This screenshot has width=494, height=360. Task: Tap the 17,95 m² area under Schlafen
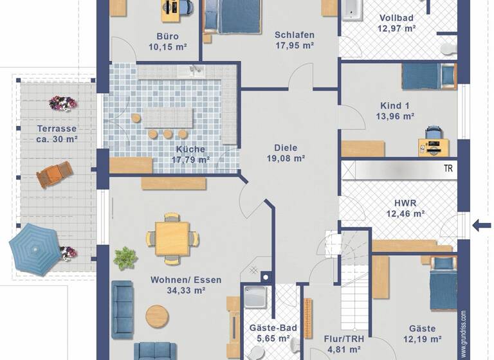click(294, 46)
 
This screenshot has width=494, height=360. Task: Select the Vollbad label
click(397, 18)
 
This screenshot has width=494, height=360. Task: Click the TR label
click(448, 169)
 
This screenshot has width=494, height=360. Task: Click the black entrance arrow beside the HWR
click(480, 225)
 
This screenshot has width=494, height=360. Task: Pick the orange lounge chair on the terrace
click(54, 174)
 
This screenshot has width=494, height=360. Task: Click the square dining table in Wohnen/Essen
click(172, 239)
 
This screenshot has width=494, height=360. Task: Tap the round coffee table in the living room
click(158, 316)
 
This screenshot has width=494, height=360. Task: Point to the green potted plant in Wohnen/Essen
click(125, 258)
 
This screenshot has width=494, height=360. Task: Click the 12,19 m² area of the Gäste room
click(422, 339)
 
